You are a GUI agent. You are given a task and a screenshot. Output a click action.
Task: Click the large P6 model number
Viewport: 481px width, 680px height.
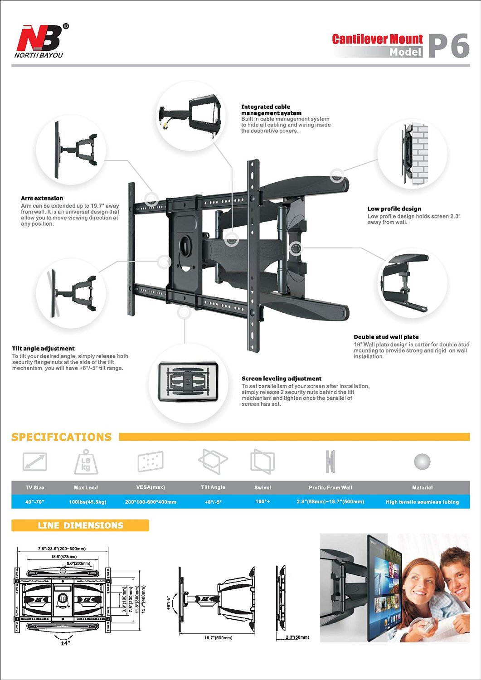448,46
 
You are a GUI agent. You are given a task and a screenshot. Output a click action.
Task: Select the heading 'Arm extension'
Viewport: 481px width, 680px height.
42,198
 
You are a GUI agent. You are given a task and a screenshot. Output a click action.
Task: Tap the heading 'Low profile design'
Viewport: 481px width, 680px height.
394,209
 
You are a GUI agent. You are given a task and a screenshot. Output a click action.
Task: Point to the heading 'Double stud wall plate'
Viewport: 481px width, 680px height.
386,337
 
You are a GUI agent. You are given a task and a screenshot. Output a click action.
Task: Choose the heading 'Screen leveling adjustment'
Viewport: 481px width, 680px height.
281,379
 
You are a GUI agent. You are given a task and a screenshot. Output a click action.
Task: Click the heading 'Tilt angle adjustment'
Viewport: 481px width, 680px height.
43,348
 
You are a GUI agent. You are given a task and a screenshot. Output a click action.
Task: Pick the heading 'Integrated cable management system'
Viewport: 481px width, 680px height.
271,110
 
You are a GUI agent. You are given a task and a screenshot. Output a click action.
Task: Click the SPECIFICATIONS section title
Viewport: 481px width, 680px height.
61,437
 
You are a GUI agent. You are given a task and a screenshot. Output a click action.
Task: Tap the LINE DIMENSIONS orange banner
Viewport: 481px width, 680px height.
80,525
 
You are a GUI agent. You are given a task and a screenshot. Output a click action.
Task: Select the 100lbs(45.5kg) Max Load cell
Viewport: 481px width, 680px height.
87,502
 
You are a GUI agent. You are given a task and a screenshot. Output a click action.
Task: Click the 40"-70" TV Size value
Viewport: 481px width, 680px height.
34,502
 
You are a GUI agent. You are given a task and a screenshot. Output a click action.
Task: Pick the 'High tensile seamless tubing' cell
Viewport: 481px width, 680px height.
422,502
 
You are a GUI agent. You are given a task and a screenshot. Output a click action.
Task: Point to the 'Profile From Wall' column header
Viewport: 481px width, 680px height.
330,487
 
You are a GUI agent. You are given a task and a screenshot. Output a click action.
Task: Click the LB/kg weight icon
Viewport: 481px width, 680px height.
86,462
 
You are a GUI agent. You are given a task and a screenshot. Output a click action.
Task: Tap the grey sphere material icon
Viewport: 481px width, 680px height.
422,462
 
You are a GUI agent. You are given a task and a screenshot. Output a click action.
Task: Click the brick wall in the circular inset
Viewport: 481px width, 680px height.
419,154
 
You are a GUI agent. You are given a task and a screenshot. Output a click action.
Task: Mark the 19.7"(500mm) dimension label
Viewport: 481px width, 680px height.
218,638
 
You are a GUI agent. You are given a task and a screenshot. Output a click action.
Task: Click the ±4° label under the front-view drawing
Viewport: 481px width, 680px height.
65,643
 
